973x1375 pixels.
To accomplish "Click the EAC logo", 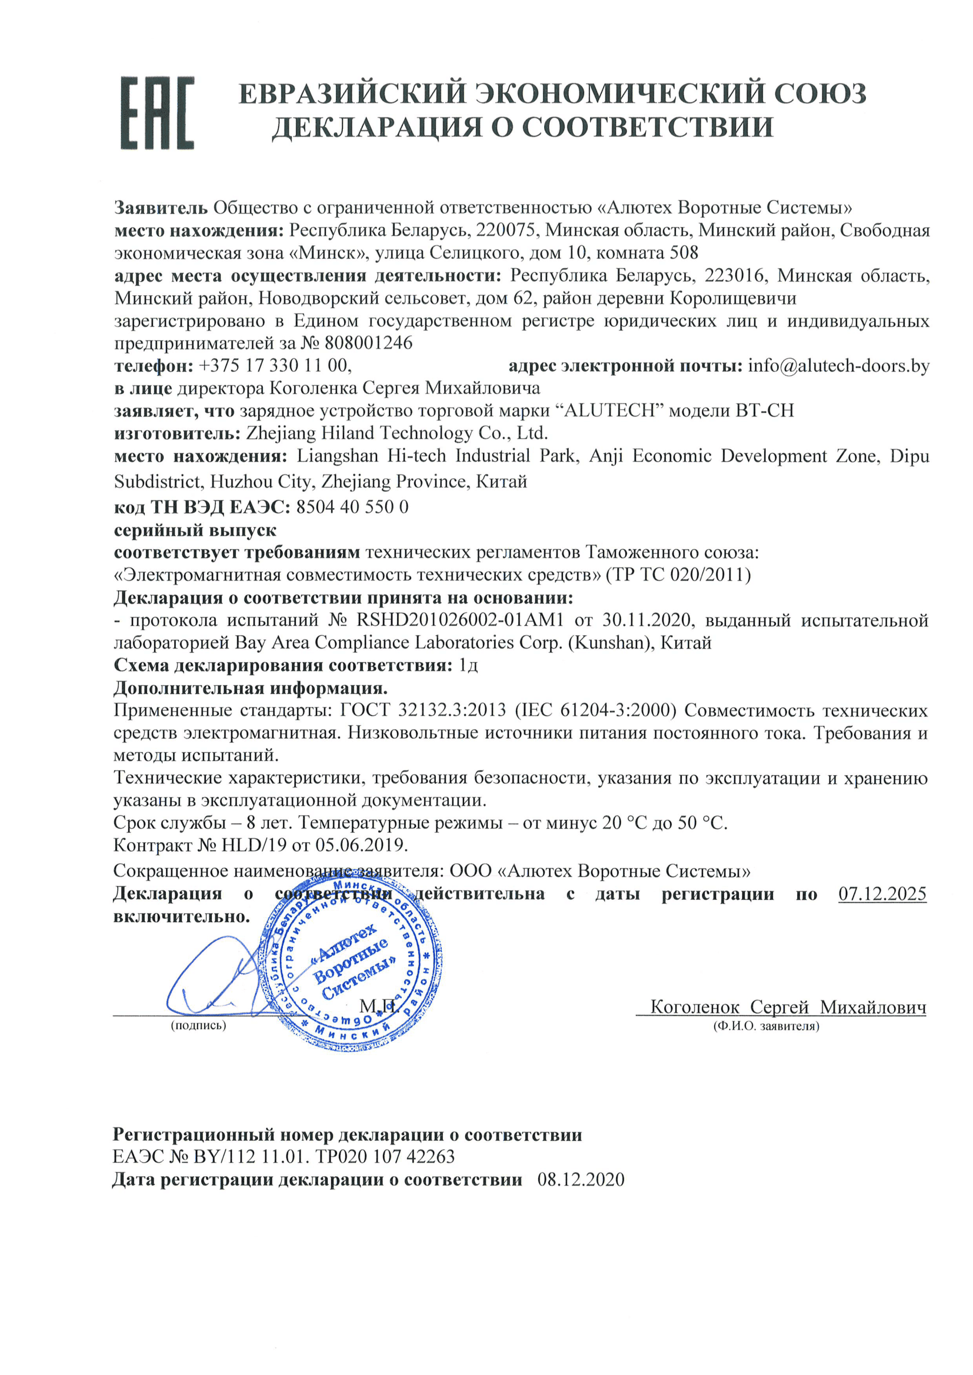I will point(158,112).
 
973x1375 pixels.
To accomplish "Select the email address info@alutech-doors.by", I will point(839,365).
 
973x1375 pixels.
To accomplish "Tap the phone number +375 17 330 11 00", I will point(274,365).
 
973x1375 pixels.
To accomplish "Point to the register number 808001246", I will point(368,343).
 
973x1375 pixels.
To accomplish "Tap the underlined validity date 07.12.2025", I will point(882,894).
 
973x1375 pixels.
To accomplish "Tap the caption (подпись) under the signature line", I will point(198,1025).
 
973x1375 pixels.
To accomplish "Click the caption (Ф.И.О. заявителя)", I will point(766,1026).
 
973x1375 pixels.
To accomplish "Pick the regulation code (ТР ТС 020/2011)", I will point(678,575).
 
